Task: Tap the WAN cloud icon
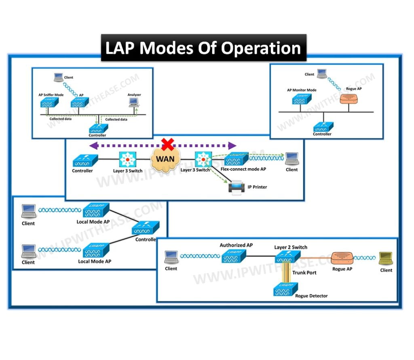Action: tap(166, 159)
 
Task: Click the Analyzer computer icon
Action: tap(133, 103)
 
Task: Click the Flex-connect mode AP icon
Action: tap(240, 160)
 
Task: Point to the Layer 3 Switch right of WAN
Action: tap(202, 160)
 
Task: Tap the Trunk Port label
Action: tap(304, 273)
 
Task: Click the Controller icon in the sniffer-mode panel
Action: tap(98, 128)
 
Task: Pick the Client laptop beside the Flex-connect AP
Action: tap(291, 158)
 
